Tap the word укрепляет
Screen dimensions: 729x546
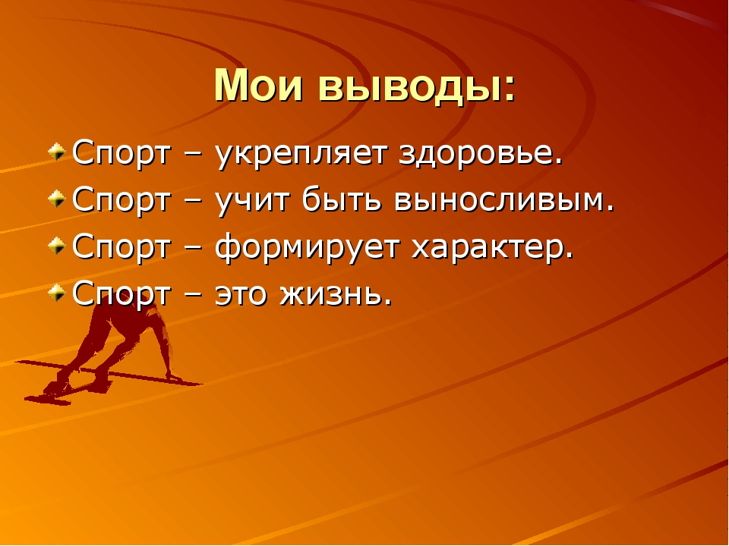tap(301, 153)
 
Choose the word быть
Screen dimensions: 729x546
tap(342, 199)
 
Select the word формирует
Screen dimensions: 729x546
tap(307, 249)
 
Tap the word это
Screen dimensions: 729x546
tap(241, 295)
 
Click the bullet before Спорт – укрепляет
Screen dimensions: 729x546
tap(57, 152)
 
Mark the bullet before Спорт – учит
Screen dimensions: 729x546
tap(57, 199)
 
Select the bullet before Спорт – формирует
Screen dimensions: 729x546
tap(57, 246)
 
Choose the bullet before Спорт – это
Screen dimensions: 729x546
tap(57, 293)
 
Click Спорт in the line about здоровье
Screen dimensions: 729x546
tap(121, 153)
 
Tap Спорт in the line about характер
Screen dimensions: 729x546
tap(121, 247)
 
